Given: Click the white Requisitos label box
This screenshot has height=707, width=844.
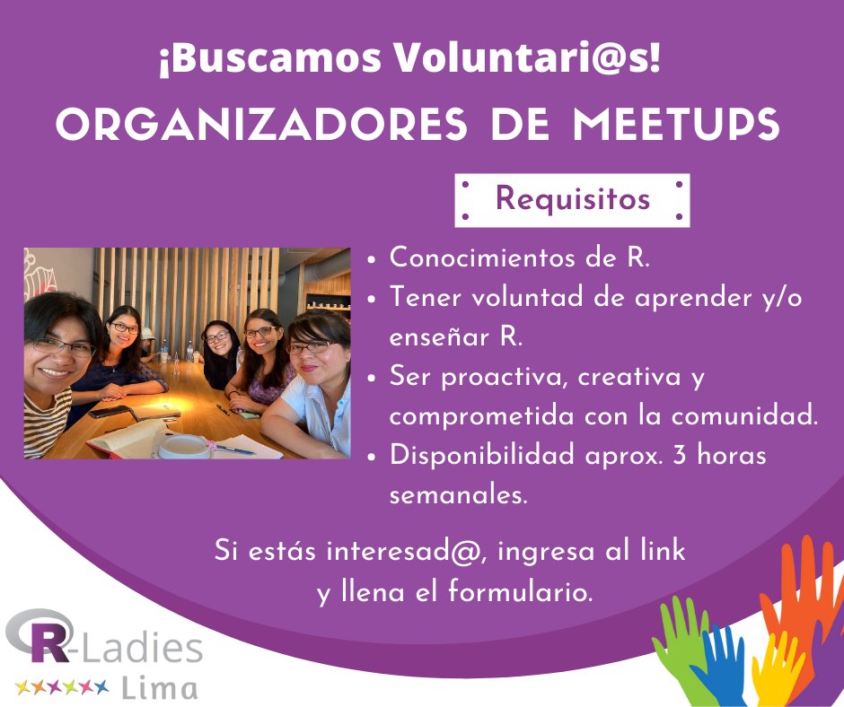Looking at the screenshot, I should click(572, 199).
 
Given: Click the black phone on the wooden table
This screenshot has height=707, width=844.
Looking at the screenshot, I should click(111, 412).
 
